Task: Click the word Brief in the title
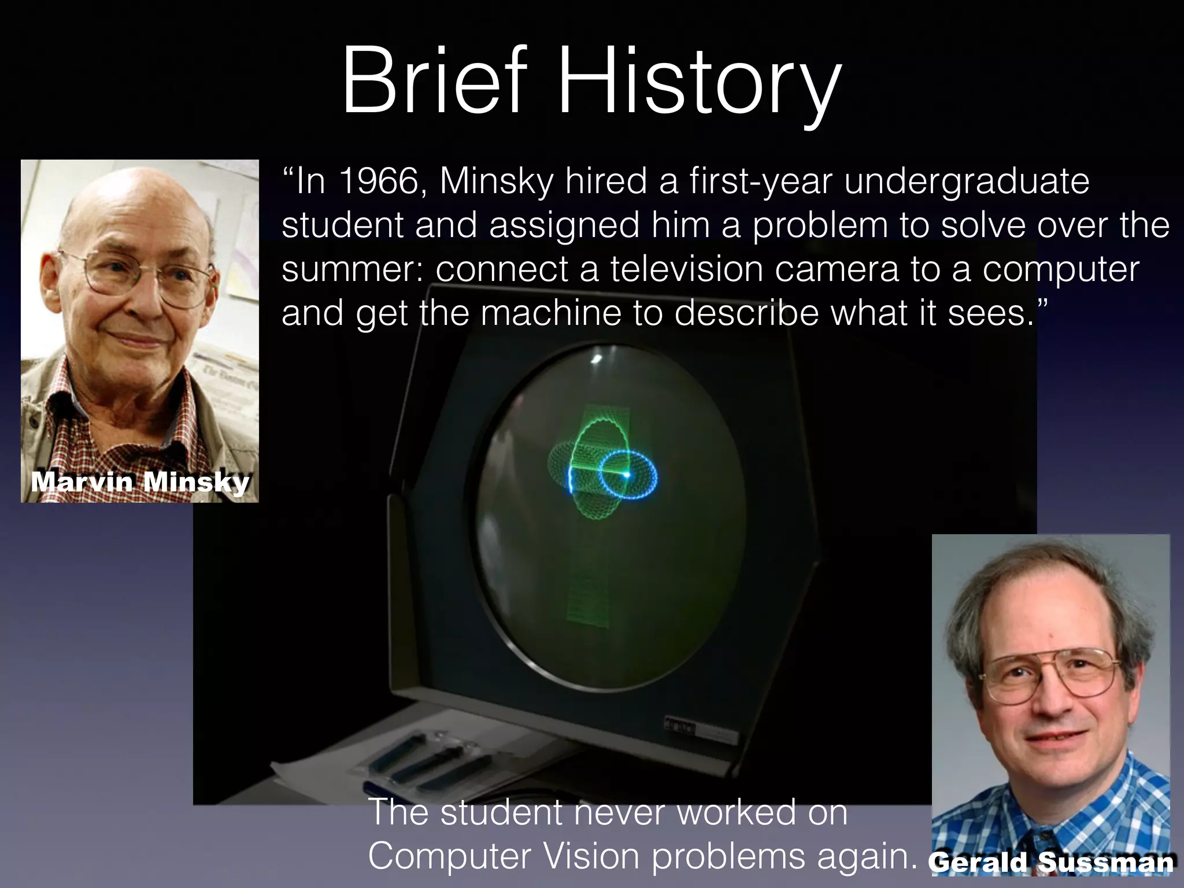tap(434, 82)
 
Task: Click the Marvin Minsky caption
tap(140, 482)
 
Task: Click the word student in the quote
tap(342, 225)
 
